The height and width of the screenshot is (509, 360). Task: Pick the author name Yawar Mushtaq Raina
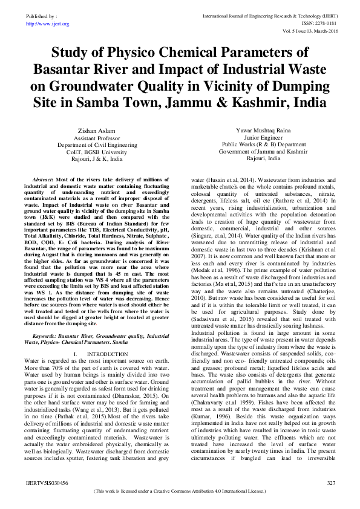coord(263,131)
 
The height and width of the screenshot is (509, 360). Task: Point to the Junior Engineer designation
coord(263,137)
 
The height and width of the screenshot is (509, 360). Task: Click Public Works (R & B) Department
coord(263,144)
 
